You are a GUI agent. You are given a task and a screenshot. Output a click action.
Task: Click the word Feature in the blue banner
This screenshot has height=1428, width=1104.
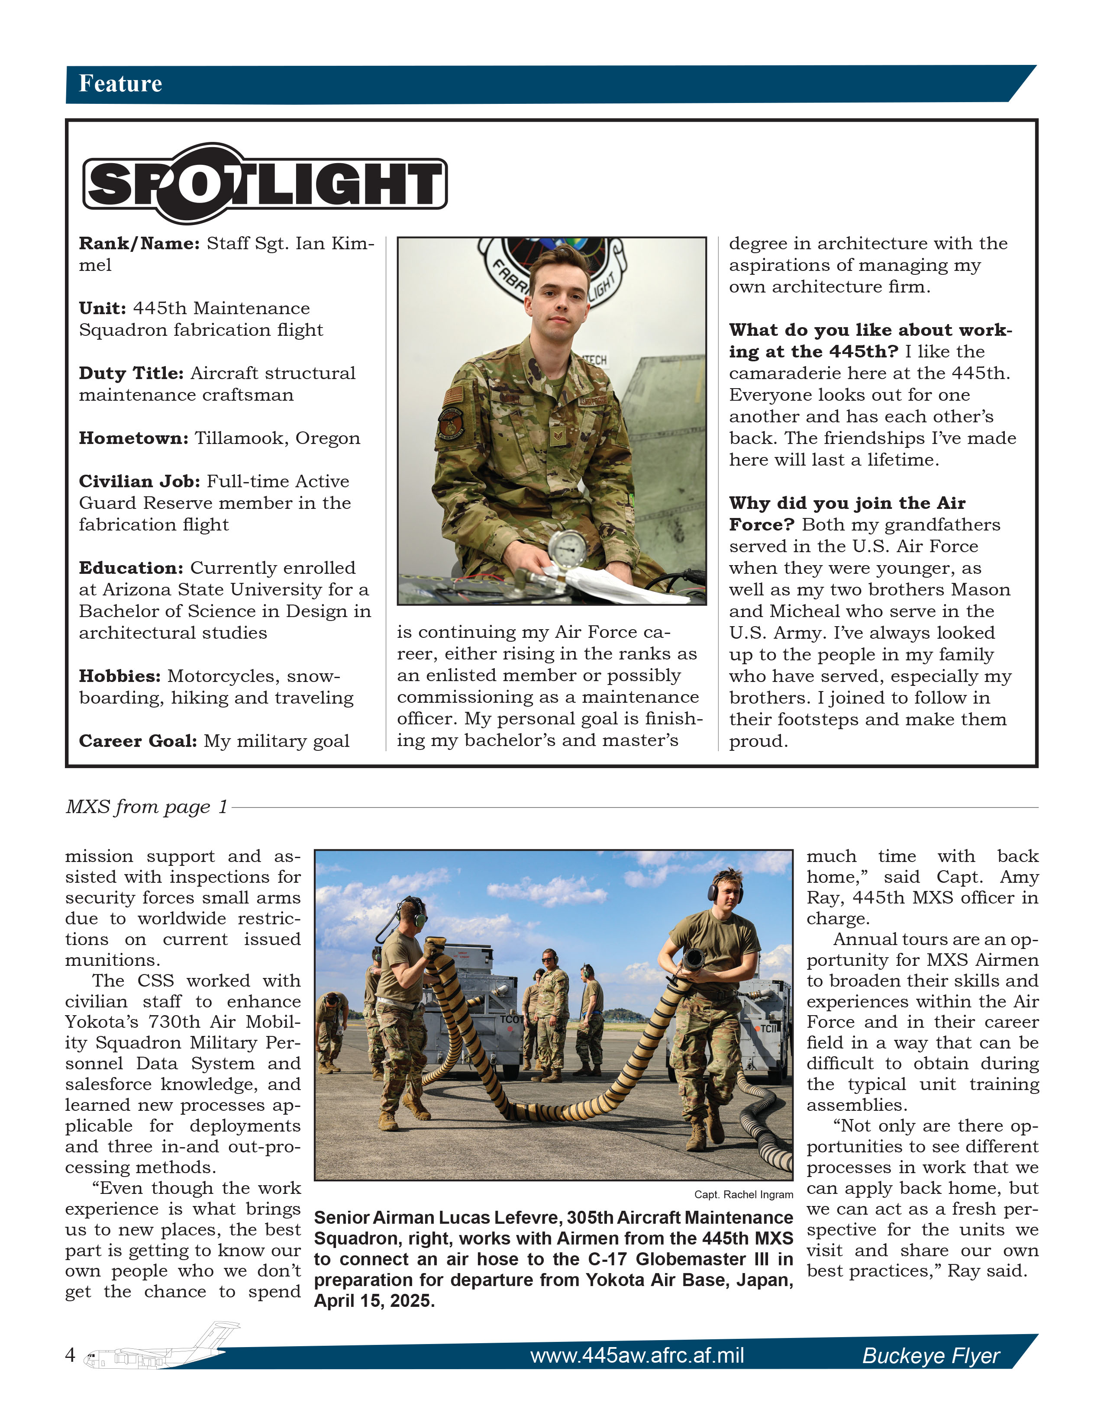pyautogui.click(x=120, y=84)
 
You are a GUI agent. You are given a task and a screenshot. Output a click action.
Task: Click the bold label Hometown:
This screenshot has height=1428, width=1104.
pyautogui.click(x=133, y=438)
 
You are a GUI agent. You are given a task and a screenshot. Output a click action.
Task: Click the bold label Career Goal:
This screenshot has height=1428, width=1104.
pyautogui.click(x=137, y=741)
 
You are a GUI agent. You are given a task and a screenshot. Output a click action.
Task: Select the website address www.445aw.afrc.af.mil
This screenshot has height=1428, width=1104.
pyautogui.click(x=636, y=1355)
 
